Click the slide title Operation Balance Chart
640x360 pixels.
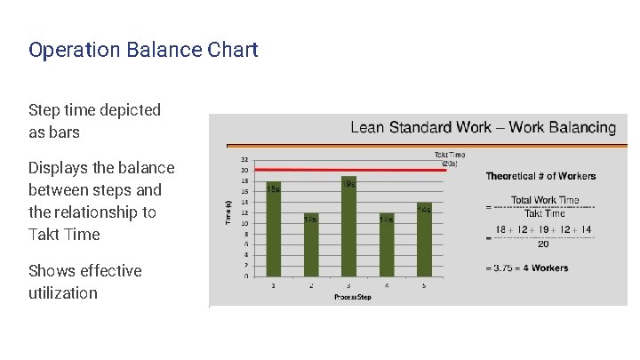pos(143,50)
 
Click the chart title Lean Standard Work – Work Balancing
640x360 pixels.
pos(483,127)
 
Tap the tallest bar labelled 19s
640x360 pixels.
pos(348,227)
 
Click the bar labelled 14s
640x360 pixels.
pos(424,240)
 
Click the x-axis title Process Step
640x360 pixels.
pos(353,297)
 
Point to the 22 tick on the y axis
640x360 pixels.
pos(244,160)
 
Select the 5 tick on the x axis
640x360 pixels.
pos(424,285)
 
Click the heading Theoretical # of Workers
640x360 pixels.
pos(540,176)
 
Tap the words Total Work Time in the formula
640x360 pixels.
pos(545,200)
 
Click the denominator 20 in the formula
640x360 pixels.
pos(543,245)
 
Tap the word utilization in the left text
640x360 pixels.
pos(63,292)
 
